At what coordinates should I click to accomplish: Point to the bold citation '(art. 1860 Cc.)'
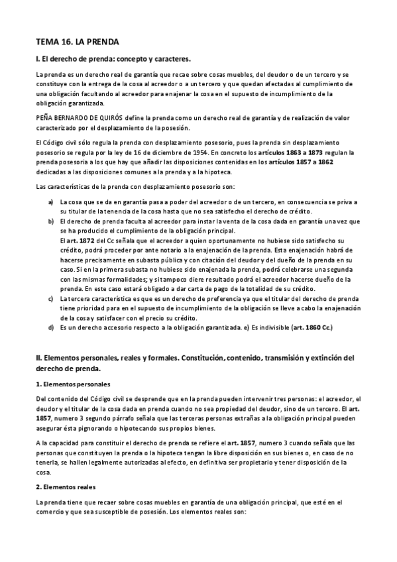[311, 327]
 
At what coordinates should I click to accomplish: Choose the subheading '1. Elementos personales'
[73, 384]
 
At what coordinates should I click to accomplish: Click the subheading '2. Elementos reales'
[65, 486]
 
